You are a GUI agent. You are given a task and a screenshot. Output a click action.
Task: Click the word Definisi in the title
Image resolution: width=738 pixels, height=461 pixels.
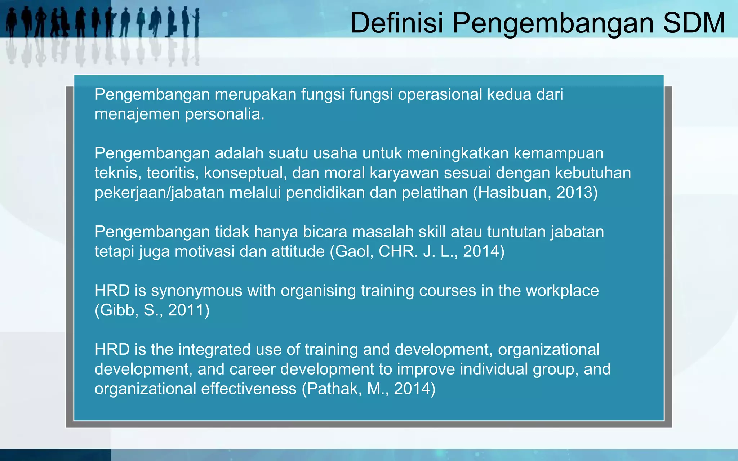(396, 23)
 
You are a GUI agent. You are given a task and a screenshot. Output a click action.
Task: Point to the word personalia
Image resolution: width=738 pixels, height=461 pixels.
(224, 114)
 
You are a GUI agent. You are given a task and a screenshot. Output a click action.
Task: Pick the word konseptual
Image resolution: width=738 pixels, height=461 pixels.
(245, 173)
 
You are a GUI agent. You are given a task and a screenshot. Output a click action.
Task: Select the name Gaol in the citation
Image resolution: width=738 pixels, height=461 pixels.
(354, 251)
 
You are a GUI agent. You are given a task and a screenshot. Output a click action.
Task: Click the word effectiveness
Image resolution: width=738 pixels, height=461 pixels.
(249, 389)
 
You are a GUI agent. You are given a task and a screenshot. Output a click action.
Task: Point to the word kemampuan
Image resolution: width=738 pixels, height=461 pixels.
(558, 153)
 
